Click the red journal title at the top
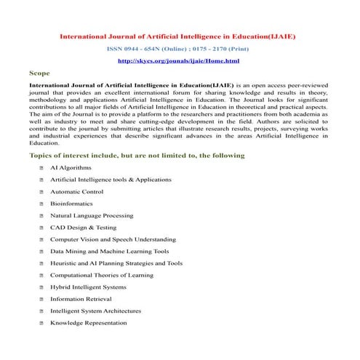pos(177,36)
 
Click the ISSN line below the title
pos(178,48)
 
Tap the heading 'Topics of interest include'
pos(136,156)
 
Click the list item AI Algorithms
pos(70,168)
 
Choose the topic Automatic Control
pos(77,192)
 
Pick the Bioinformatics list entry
pos(71,204)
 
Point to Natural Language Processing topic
pos(91,215)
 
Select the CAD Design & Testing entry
pos(83,228)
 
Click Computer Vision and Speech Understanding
pos(112,239)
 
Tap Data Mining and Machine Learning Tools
pos(109,252)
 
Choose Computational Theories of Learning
pos(103,275)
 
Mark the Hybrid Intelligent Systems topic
pos(88,287)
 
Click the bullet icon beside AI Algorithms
pos(43,168)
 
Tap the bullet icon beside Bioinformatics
pos(43,204)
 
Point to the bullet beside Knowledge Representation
pos(43,323)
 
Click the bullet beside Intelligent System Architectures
pos(43,311)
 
